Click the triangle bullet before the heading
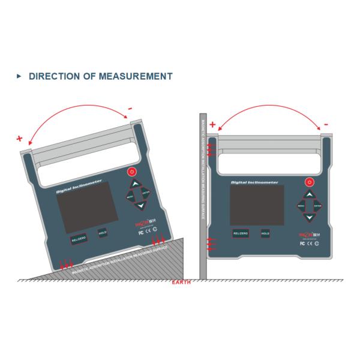pos(19,76)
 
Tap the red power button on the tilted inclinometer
pos(131,172)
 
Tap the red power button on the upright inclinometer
pos(310,181)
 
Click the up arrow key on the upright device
pos(310,194)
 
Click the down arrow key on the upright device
pos(310,218)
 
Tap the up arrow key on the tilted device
pos(135,184)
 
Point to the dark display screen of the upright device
pos(257,204)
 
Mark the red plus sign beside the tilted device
pos(20,139)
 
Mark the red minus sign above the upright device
pos(326,125)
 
